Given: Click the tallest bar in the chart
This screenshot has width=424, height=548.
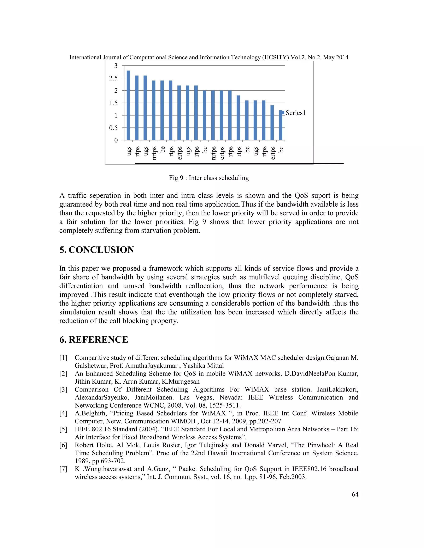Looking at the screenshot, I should [x=128, y=105].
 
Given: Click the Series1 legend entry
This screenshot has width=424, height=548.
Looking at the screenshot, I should [x=295, y=113].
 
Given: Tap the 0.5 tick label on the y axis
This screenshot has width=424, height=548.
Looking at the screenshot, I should [x=113, y=128].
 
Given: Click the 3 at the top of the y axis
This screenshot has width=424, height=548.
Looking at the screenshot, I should [x=116, y=66].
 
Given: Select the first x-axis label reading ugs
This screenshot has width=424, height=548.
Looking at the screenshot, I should [x=129, y=151].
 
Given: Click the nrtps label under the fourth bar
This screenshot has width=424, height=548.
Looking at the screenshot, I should [x=154, y=153].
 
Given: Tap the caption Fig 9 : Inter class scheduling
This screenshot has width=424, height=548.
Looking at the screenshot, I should [x=209, y=178].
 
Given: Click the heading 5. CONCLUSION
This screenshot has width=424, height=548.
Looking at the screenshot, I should [x=97, y=250].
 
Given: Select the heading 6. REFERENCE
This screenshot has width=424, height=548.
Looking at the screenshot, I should [x=94, y=340].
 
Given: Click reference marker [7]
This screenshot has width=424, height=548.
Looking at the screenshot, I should [x=63, y=469].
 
